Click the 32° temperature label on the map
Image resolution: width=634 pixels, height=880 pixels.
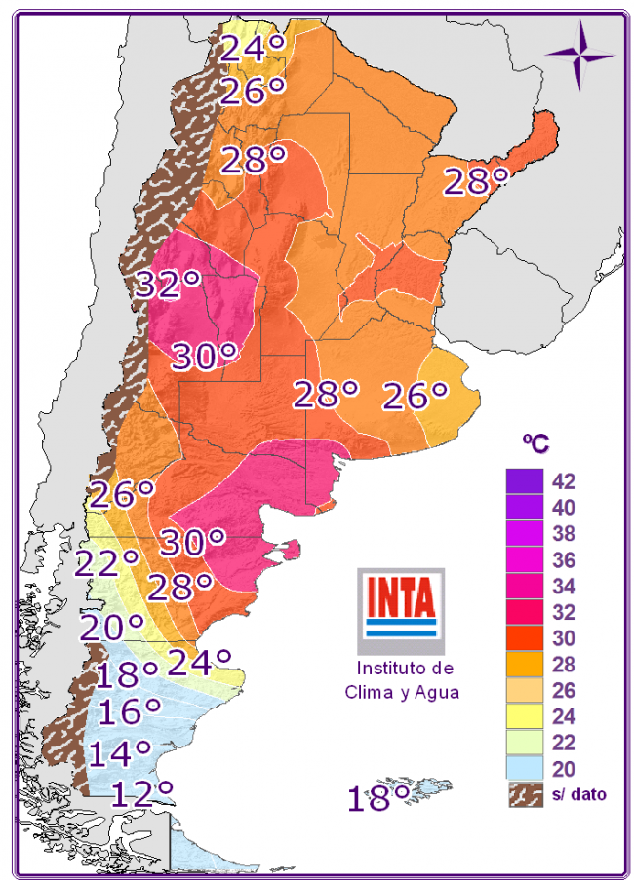pyautogui.click(x=167, y=285)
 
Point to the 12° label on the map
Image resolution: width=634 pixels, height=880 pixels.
pyautogui.click(x=141, y=792)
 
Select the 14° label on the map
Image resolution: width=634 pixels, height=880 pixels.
pyautogui.click(x=120, y=752)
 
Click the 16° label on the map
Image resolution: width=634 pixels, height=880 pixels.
pyautogui.click(x=129, y=711)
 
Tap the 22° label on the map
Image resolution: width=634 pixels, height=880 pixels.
pyautogui.click(x=106, y=563)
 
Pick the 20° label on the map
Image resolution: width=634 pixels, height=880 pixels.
pyautogui.click(x=111, y=627)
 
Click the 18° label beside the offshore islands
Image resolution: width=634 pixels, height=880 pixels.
pyautogui.click(x=379, y=799)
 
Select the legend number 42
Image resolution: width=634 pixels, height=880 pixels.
pyautogui.click(x=565, y=481)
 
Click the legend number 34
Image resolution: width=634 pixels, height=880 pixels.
pyautogui.click(x=565, y=586)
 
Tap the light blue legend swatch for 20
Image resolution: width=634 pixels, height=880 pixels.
pyautogui.click(x=525, y=768)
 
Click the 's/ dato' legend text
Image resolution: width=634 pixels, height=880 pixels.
pyautogui.click(x=579, y=794)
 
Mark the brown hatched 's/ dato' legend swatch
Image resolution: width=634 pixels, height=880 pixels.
pyautogui.click(x=525, y=794)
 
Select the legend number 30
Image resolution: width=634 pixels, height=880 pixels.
pyautogui.click(x=565, y=638)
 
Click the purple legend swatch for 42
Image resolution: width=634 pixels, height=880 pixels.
pyautogui.click(x=525, y=481)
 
